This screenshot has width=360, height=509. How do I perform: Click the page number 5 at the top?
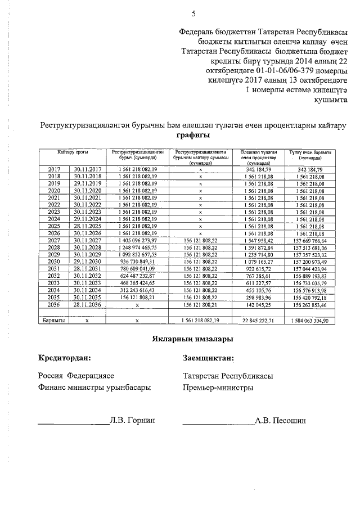click(x=193, y=14)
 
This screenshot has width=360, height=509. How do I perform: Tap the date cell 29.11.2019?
click(x=87, y=183)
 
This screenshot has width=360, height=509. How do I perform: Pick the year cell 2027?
click(x=54, y=240)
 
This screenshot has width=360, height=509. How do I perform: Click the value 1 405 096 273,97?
click(x=137, y=240)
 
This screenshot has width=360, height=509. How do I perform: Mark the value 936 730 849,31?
click(x=137, y=262)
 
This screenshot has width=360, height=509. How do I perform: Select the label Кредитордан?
click(x=64, y=358)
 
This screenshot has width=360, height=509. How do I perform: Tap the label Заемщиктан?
click(x=209, y=358)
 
